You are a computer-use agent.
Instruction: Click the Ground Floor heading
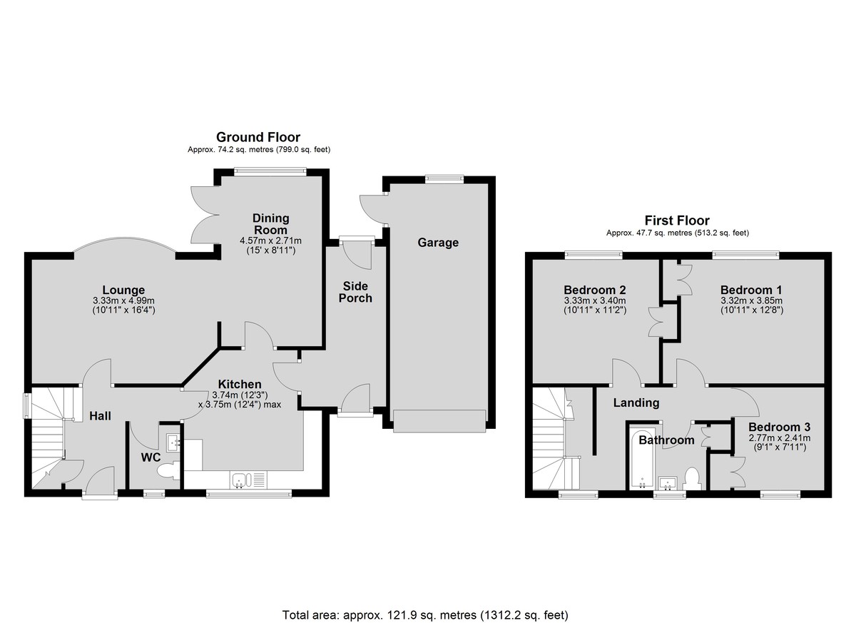(258, 137)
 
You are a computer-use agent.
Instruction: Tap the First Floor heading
(677, 220)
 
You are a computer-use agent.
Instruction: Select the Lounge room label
(123, 290)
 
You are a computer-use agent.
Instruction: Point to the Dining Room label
(270, 224)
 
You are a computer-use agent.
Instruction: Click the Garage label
(438, 243)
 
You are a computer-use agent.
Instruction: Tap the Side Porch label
(355, 292)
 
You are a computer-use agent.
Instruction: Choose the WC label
(151, 457)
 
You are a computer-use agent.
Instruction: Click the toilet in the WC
(168, 471)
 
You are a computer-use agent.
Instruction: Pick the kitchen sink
(240, 480)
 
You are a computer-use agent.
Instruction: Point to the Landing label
(636, 403)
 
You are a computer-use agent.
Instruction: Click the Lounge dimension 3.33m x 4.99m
(123, 300)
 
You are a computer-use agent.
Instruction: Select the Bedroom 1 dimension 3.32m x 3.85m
(752, 300)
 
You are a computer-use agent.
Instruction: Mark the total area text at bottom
(425, 594)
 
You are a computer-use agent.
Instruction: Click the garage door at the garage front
(439, 421)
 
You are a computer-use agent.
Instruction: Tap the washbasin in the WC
(173, 443)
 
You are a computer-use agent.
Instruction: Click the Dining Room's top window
(270, 172)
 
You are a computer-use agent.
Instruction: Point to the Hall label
(100, 416)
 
